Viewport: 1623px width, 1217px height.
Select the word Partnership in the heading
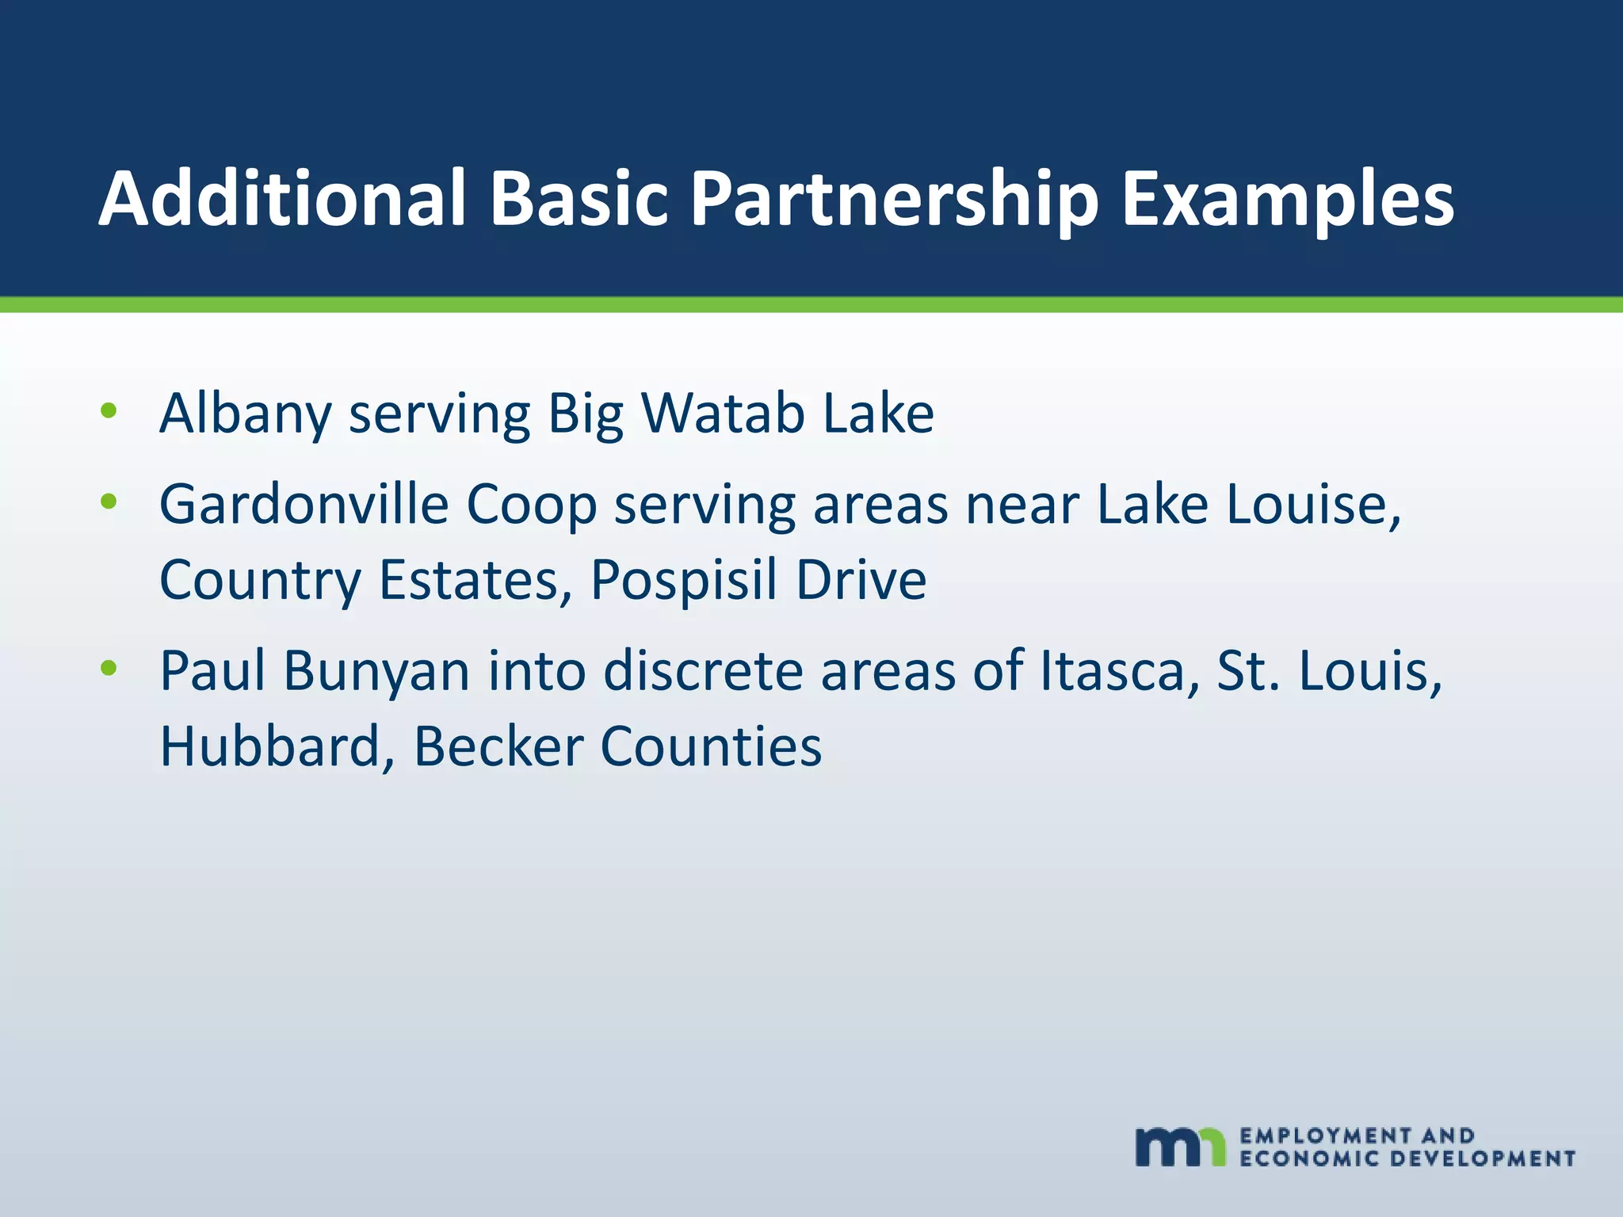tap(896, 200)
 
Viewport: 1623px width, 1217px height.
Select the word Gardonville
tap(304, 504)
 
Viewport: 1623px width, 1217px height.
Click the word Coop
tap(531, 505)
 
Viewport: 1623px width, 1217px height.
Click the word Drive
tap(861, 580)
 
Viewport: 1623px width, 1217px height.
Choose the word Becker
tap(498, 746)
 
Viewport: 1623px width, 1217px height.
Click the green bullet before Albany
tap(109, 411)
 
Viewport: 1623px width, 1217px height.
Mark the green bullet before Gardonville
tap(109, 502)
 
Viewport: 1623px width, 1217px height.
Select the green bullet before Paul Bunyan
tap(109, 669)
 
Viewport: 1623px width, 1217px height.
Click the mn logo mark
tap(1180, 1146)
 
